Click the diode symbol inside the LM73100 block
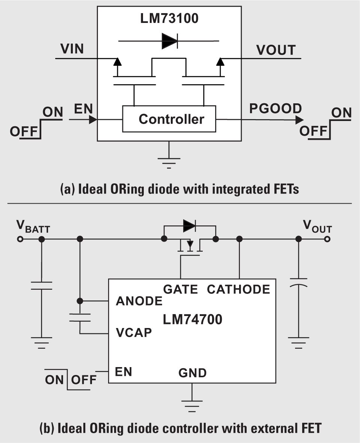(169, 41)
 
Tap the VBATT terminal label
(33, 227)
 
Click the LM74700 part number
(193, 320)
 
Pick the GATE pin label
(180, 289)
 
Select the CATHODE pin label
(238, 289)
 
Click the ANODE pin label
(139, 301)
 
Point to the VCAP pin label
(134, 333)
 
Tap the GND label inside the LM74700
(192, 373)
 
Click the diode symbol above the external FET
(189, 225)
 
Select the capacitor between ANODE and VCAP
(80, 318)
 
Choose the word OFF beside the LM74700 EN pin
(84, 379)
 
